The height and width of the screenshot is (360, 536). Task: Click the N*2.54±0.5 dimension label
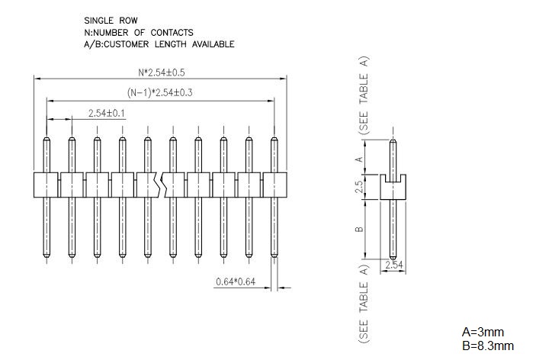162,72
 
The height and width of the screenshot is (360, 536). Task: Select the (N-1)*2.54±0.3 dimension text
159,92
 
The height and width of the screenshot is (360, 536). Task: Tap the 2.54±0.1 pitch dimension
107,113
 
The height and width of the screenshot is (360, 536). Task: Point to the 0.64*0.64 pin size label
236,281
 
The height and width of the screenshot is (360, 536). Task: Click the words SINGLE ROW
111,21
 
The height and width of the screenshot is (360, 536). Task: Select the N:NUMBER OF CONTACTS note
139,33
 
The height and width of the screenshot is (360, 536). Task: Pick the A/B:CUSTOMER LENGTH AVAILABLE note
159,44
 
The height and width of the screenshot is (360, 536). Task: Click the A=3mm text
483,332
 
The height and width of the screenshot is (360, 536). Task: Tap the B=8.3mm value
488,346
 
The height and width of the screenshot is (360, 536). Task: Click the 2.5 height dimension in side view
359,187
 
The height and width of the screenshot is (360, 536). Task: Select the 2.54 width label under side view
394,265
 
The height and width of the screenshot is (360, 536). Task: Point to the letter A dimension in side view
359,159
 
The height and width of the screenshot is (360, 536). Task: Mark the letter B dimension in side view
359,229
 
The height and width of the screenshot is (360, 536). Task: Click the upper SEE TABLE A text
364,95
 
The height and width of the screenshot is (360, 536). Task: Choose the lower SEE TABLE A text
364,304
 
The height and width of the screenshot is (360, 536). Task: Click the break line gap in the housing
161,185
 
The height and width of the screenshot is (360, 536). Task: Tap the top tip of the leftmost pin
47,138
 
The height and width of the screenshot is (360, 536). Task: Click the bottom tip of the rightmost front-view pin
274,257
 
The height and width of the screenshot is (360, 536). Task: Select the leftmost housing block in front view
46,185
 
